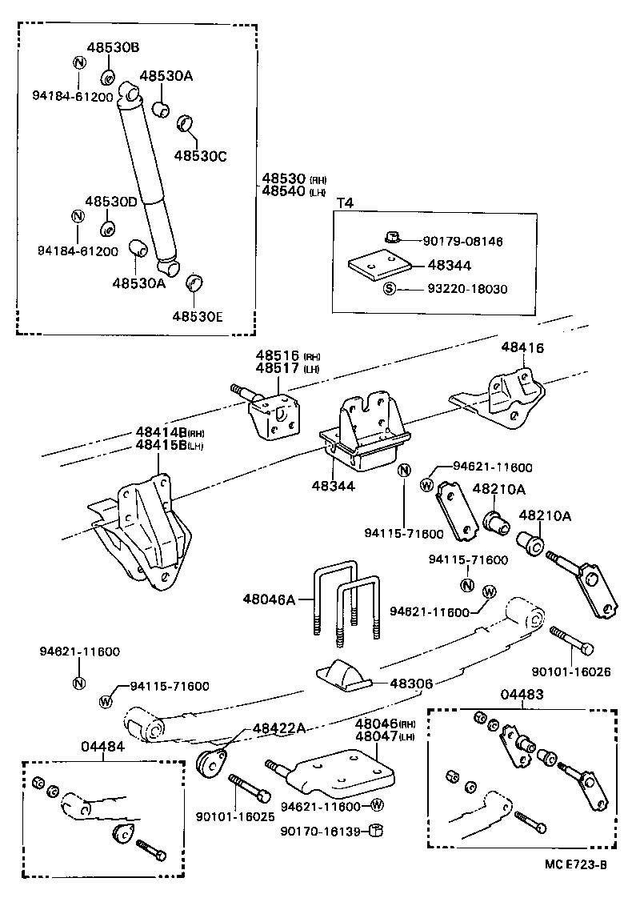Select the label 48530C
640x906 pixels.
[201, 155]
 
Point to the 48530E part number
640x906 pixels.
[197, 315]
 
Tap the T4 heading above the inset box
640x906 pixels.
[344, 202]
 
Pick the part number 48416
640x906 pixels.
[522, 347]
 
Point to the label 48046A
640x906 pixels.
[270, 598]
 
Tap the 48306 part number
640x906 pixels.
[411, 684]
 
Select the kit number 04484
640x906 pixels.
[102, 746]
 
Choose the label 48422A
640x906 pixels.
[278, 728]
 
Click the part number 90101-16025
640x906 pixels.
[235, 816]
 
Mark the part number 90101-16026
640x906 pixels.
[570, 671]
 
